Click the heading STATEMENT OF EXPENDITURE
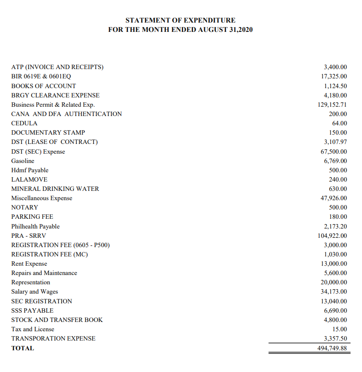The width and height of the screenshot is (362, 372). [x=181, y=20]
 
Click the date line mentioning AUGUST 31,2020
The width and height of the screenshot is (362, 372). [x=181, y=29]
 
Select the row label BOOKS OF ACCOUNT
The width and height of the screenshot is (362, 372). [x=43, y=86]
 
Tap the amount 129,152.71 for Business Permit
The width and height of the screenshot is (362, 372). [x=331, y=105]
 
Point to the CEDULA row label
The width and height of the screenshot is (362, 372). [x=24, y=123]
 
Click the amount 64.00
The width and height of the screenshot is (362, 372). [x=340, y=123]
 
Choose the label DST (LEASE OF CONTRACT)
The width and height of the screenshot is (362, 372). [x=55, y=142]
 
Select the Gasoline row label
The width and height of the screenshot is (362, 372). [x=23, y=161]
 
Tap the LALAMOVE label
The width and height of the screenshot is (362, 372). [x=29, y=179]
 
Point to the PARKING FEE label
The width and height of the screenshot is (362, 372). [x=32, y=217]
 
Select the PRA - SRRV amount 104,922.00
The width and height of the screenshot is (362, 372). [x=332, y=236]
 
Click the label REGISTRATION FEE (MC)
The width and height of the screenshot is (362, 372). [x=50, y=254]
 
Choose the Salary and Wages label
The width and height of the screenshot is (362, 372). [x=35, y=291]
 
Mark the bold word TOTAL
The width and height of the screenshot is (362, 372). [x=23, y=348]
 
